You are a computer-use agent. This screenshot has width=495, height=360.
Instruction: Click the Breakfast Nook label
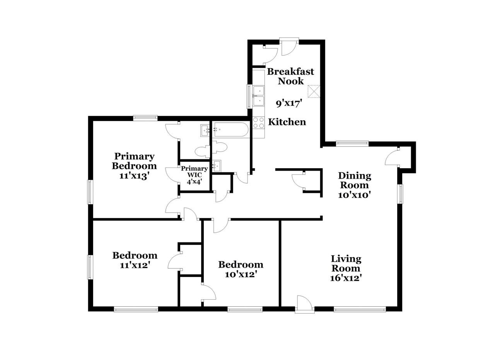tap(290, 76)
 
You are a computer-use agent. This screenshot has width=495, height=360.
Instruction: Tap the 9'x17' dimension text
tap(289, 103)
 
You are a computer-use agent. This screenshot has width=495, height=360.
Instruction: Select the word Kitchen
tap(287, 122)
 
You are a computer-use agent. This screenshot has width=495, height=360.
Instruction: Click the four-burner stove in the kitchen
tap(259, 123)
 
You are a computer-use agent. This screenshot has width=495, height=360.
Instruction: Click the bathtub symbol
tap(230, 130)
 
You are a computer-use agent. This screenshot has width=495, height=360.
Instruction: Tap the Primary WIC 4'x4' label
tap(194, 175)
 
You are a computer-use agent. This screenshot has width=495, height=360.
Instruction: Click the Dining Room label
tap(355, 180)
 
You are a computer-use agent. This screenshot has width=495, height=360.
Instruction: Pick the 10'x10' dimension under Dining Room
tap(354, 195)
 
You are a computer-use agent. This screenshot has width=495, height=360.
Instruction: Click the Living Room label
tap(346, 264)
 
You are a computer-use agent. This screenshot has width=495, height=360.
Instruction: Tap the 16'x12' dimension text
tap(346, 278)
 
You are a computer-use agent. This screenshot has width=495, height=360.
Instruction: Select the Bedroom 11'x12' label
tap(135, 260)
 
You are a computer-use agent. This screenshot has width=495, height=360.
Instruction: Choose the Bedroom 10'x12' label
tap(241, 269)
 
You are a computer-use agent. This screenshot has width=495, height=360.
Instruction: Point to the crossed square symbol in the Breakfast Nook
tap(314, 92)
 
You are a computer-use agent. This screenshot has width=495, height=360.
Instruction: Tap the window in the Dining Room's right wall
tap(400, 194)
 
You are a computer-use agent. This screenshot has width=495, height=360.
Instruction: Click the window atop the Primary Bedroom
tap(145, 118)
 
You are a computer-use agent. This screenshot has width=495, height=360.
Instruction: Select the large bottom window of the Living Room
tap(360, 309)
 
